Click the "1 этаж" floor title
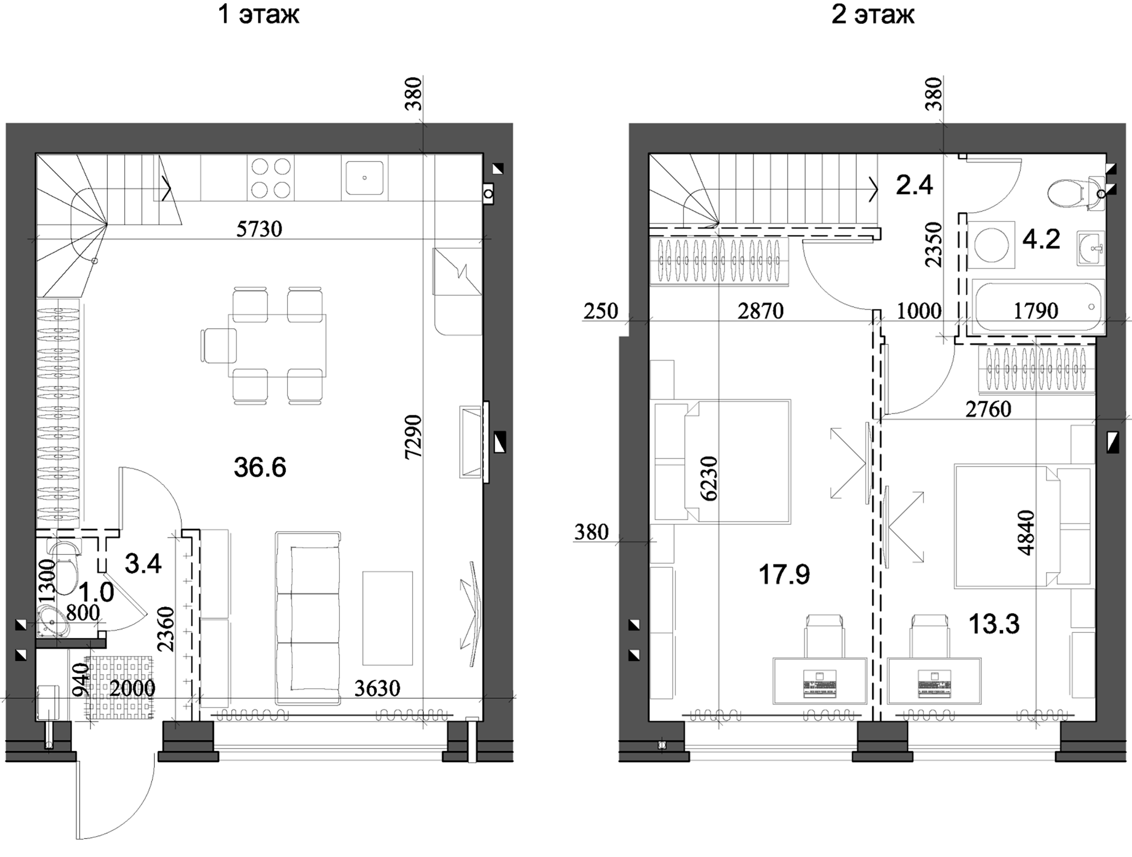[x=258, y=15]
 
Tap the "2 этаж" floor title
[x=873, y=15]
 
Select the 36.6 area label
[x=260, y=467]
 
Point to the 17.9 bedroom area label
[x=784, y=575]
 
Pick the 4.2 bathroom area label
[x=1041, y=239]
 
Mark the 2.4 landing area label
[x=914, y=185]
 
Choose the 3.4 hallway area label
[x=143, y=563]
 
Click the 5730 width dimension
[x=259, y=229]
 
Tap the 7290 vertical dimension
[x=413, y=436]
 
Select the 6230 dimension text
[x=709, y=478]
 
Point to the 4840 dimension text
[x=1026, y=532]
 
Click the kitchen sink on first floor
[x=364, y=178]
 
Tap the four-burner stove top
[x=271, y=178]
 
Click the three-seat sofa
[x=308, y=618]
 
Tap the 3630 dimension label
[x=377, y=688]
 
